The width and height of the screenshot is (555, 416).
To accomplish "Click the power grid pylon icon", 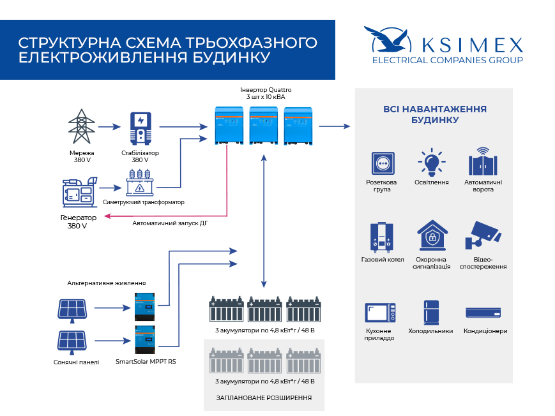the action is pyautogui.click(x=82, y=126).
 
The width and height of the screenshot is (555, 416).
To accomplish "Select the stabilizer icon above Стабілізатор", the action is pyautogui.click(x=141, y=128).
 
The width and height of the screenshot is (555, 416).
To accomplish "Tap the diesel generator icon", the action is pyautogui.click(x=80, y=192).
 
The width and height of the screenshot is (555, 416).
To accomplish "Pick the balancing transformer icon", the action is pyautogui.click(x=140, y=183).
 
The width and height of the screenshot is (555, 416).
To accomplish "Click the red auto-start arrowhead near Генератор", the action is pyautogui.click(x=107, y=216).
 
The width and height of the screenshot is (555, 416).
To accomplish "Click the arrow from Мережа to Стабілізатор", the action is pyautogui.click(x=109, y=126).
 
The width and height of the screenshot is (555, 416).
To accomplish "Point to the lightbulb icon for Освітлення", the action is pyautogui.click(x=432, y=162).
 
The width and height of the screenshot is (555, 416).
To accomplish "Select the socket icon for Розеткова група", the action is pyautogui.click(x=383, y=163).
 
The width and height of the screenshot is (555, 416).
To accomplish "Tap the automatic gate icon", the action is pyautogui.click(x=483, y=161).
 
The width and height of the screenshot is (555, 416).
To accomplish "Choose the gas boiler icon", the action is pyautogui.click(x=381, y=237).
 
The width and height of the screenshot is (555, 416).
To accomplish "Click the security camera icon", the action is pyautogui.click(x=483, y=235).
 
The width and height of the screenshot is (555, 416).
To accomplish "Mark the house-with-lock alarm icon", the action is pyautogui.click(x=432, y=235).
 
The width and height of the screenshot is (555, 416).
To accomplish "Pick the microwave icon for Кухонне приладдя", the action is pyautogui.click(x=380, y=313).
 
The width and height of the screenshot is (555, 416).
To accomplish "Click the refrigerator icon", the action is pyautogui.click(x=431, y=313).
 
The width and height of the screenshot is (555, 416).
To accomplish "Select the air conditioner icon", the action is pyautogui.click(x=483, y=313).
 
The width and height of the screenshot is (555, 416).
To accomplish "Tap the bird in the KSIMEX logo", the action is pyautogui.click(x=388, y=40).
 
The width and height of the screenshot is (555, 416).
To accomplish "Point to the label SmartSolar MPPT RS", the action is pyautogui.click(x=146, y=362).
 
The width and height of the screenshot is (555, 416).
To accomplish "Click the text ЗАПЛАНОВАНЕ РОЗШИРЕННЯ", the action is pyautogui.click(x=264, y=398).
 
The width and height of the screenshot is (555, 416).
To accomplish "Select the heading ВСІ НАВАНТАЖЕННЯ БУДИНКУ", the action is pyautogui.click(x=435, y=114).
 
